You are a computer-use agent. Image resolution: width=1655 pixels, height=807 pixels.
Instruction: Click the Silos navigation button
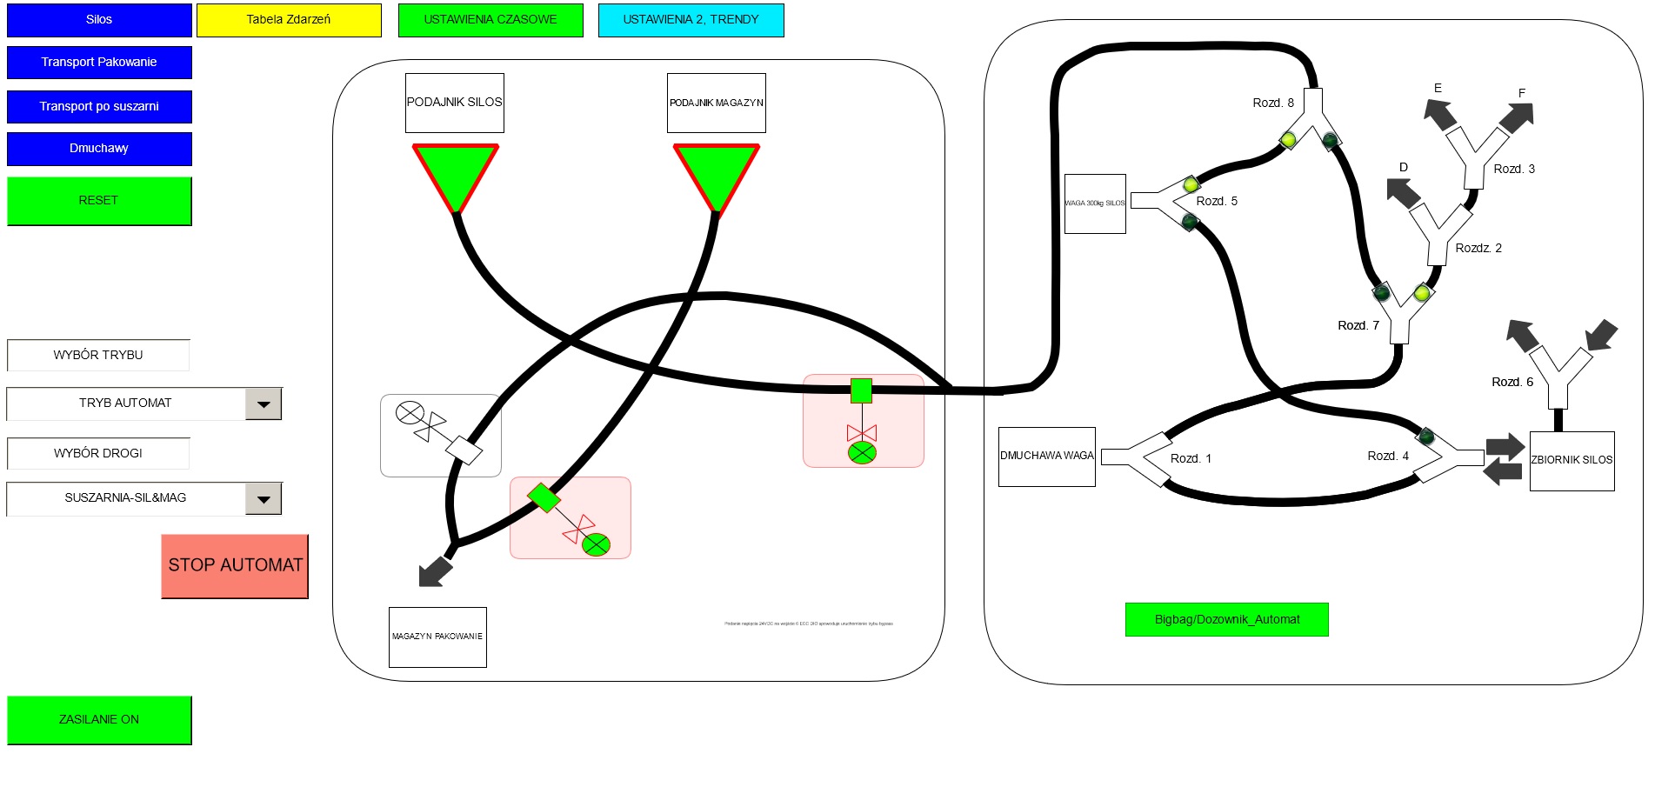[x=99, y=20]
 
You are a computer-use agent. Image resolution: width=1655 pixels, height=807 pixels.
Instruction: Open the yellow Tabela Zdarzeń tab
[x=289, y=20]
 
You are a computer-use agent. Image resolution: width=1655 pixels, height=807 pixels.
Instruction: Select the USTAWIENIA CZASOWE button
[x=490, y=20]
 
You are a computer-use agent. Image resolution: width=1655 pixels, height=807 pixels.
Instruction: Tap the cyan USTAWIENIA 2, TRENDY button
[x=691, y=20]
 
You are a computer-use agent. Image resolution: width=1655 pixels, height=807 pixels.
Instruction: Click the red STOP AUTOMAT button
[x=235, y=566]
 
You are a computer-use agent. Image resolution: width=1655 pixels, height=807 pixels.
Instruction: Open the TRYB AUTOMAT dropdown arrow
[x=264, y=404]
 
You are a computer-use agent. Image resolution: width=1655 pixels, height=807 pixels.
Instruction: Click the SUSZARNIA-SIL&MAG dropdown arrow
[x=264, y=499]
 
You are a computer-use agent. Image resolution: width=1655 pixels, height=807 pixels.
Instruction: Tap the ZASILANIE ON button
[x=99, y=720]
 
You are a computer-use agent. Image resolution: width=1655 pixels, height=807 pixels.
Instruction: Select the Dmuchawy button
[x=99, y=149]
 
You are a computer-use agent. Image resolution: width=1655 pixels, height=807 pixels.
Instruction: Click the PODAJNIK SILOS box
[x=455, y=103]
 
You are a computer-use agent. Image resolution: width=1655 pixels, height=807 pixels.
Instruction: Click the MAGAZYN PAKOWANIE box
[x=437, y=637]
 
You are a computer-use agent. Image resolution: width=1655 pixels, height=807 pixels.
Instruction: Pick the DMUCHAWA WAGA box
[x=1046, y=456]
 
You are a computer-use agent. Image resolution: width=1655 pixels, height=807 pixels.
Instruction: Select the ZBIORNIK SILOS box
[x=1572, y=460]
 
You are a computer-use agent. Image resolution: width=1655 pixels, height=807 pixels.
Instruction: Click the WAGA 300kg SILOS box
[x=1095, y=203]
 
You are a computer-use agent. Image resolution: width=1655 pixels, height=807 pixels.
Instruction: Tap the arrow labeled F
[x=1517, y=117]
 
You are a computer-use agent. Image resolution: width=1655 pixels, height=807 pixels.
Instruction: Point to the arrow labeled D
[x=1403, y=191]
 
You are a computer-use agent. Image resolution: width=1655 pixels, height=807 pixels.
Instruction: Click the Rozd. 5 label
[x=1217, y=201]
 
